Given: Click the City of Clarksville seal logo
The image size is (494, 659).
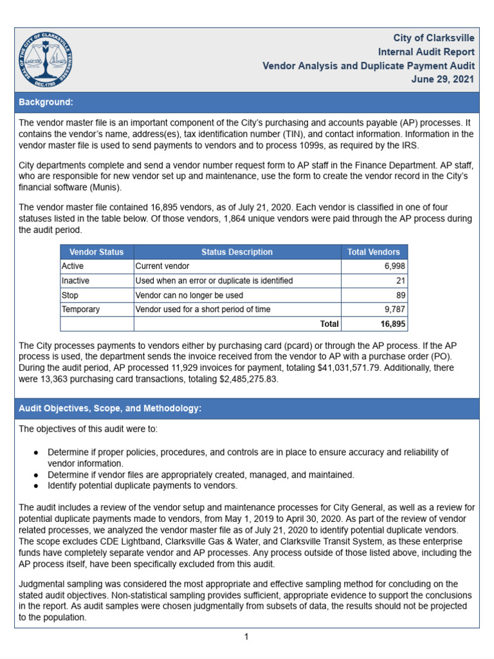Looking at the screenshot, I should tap(46, 59).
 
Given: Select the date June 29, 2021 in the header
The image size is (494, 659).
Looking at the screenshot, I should tap(443, 79).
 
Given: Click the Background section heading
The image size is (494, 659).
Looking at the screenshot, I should tap(46, 102).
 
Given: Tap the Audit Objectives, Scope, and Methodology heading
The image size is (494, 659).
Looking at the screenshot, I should tap(110, 409).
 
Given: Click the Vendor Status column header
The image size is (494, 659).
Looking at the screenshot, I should tap(96, 252).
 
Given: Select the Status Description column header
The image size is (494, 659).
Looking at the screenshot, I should tap(237, 252).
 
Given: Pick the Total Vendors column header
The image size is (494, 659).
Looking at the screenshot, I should tap(373, 252).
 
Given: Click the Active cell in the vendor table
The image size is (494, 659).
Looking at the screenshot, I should tap(73, 266).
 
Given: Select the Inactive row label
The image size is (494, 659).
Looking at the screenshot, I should tap(75, 281).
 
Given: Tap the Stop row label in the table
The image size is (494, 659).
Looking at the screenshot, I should tap(70, 295).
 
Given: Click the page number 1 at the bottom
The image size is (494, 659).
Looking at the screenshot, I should tap(246, 637).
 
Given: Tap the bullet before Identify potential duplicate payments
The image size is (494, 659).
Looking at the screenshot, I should tap(38, 485).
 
